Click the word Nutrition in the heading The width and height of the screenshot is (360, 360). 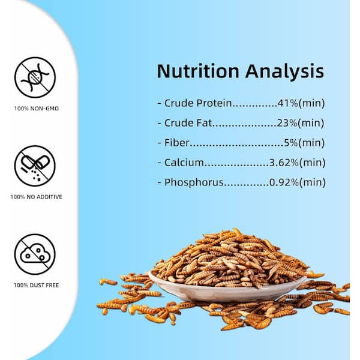[x=198, y=71]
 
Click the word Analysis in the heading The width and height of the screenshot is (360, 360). [x=284, y=71]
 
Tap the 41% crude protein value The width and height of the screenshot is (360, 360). [x=287, y=103]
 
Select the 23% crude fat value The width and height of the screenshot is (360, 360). [x=287, y=123]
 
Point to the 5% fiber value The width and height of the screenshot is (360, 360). [x=291, y=143]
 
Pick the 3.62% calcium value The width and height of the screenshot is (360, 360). [x=284, y=163]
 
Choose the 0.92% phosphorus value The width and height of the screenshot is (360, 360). [x=284, y=182]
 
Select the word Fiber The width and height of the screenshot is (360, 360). [x=177, y=143]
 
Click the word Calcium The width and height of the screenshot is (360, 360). [x=184, y=163]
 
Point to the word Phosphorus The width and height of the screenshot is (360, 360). [x=194, y=182]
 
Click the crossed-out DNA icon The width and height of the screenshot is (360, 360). [x=35, y=77]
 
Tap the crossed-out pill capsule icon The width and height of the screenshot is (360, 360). [x=35, y=166]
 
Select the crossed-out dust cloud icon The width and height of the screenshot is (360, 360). [x=35, y=254]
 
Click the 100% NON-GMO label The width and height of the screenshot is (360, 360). [x=37, y=109]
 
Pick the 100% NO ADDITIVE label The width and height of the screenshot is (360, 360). [x=36, y=197]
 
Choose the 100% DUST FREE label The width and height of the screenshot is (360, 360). [x=37, y=285]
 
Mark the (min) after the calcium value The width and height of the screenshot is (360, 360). [x=313, y=163]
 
